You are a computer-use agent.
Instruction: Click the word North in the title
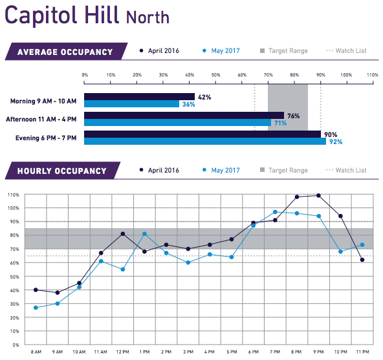[148, 17]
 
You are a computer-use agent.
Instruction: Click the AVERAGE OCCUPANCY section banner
[64, 52]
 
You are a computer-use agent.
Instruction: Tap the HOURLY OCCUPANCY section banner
[61, 171]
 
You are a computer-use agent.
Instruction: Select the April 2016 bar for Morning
[139, 97]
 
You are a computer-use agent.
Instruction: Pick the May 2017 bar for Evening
[204, 141]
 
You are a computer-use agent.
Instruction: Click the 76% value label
[293, 116]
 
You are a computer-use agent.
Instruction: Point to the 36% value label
[188, 104]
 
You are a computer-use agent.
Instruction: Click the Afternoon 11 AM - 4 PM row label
[41, 119]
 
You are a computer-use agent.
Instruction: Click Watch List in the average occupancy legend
[350, 51]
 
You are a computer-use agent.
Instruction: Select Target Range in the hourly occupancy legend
[288, 171]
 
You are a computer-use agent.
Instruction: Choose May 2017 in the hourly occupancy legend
[225, 171]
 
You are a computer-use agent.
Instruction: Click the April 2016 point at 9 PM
[318, 195]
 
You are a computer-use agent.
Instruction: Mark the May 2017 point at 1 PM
[144, 234]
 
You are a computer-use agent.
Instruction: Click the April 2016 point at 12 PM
[122, 233]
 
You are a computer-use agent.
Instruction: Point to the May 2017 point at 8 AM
[35, 308]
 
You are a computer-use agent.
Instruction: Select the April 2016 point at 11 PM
[362, 260]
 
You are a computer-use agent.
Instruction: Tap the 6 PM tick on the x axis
[253, 352]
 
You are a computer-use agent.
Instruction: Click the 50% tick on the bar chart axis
[216, 75]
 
